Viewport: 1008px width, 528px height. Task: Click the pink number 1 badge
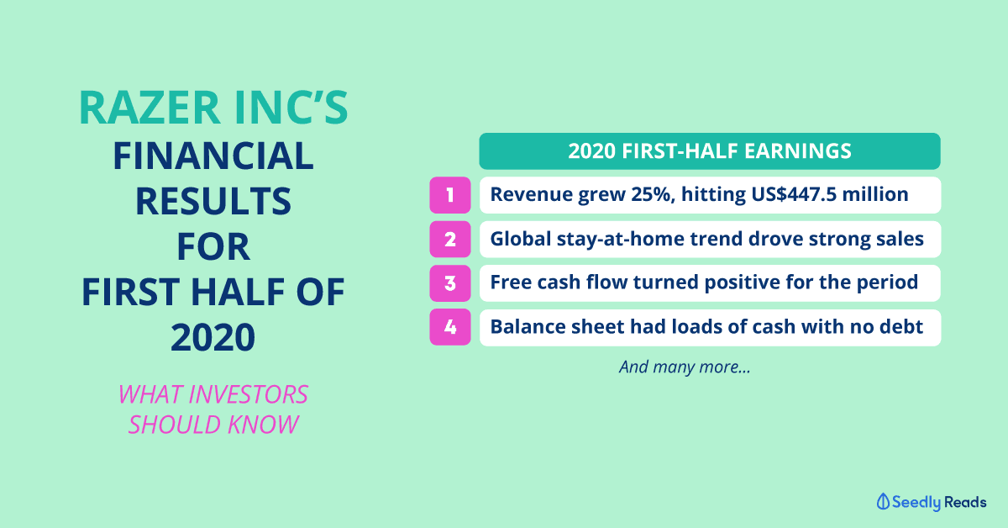(x=450, y=195)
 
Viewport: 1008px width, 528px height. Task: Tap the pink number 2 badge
(x=450, y=240)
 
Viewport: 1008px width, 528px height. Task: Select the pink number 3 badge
(x=450, y=283)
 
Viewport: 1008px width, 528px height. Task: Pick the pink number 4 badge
(x=450, y=327)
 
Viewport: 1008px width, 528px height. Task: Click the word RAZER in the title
(x=150, y=108)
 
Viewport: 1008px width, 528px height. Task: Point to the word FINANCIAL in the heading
(x=213, y=156)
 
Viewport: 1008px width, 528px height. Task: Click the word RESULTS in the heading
(x=213, y=202)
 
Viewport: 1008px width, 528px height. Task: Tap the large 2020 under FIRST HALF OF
(x=213, y=337)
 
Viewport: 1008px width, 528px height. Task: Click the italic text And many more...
(x=685, y=367)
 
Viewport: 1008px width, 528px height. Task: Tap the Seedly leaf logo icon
(x=883, y=501)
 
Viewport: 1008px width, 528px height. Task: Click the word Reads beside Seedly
(x=965, y=502)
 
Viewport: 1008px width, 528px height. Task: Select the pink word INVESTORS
(x=248, y=394)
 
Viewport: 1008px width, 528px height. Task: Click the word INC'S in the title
(x=291, y=108)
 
